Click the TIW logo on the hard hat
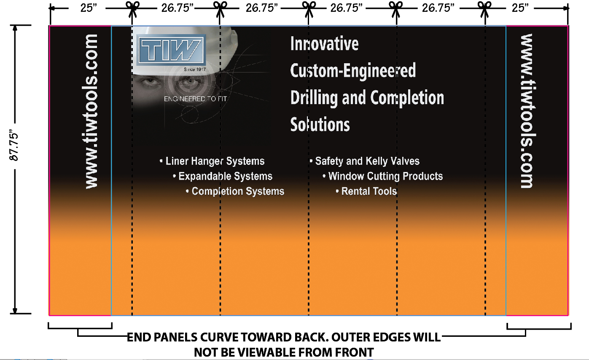[171, 50]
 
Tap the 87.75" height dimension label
[14, 145]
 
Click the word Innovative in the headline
[324, 44]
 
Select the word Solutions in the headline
[320, 124]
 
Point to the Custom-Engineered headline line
[353, 70]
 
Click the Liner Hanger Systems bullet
[212, 161]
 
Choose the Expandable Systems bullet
[223, 176]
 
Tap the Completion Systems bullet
[235, 191]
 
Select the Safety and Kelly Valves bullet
[364, 161]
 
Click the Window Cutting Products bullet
[382, 176]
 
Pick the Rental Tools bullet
[366, 191]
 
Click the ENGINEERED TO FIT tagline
[195, 99]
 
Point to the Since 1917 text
[195, 69]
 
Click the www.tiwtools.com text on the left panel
[91, 111]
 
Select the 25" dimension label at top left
[89, 8]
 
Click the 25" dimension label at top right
[520, 8]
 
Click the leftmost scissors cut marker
[132, 8]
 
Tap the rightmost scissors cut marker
[484, 8]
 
